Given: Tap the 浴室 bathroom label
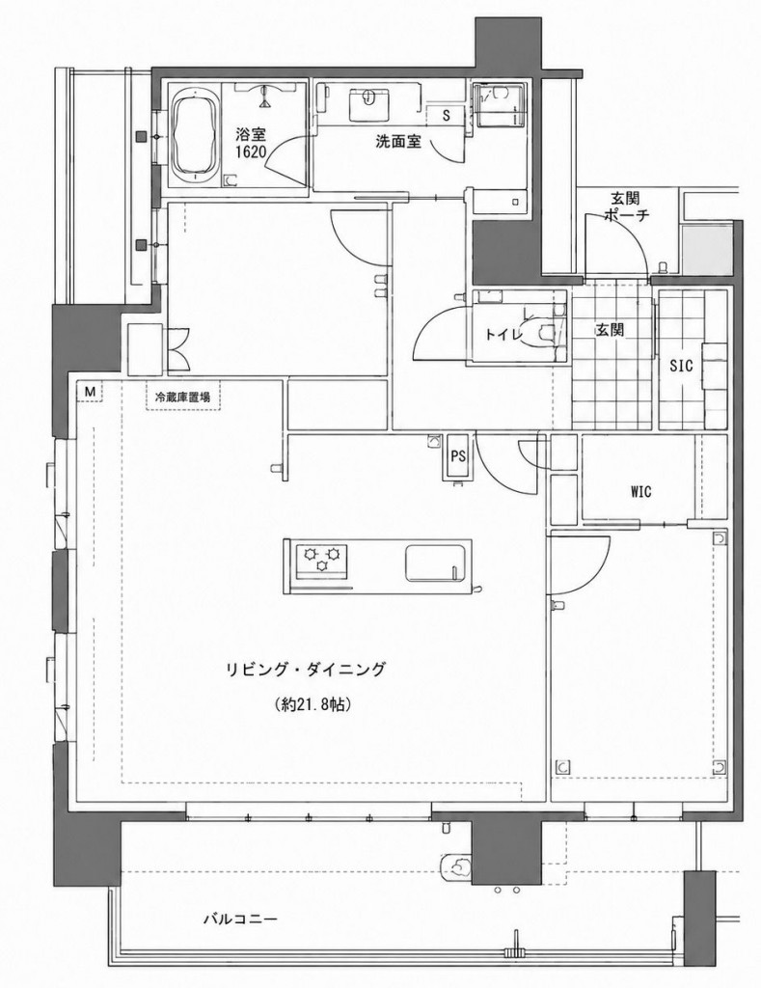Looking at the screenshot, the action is (251, 134).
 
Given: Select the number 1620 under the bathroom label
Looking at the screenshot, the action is (251, 151).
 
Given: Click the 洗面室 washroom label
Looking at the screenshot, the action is (398, 142).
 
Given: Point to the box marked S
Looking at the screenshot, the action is (447, 116).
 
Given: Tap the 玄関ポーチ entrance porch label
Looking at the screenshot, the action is (626, 207).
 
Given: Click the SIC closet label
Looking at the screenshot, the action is (681, 365).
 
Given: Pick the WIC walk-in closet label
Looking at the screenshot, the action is (640, 491).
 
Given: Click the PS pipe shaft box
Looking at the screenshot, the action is (458, 456).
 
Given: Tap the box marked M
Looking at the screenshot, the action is (90, 392).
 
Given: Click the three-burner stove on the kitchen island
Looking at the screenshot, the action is (322, 559).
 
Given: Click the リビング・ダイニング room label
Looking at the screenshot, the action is (306, 670).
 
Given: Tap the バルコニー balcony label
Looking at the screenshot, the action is (240, 919).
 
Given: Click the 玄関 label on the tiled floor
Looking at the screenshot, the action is (610, 329).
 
